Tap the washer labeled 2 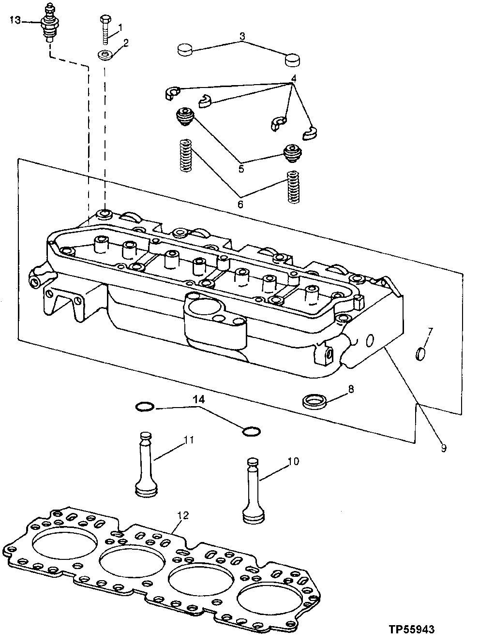click(x=105, y=55)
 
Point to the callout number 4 click(x=293, y=78)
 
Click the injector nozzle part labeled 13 click(x=49, y=24)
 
